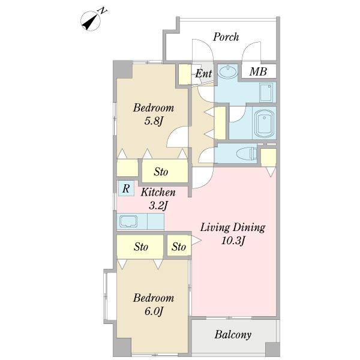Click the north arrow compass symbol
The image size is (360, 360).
pyautogui.click(x=91, y=21)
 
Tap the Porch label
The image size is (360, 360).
pyautogui.click(x=226, y=37)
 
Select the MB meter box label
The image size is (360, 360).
pyautogui.click(x=258, y=71)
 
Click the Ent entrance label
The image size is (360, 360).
pyautogui.click(x=203, y=74)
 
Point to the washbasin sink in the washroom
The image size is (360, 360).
pyautogui.click(x=227, y=71)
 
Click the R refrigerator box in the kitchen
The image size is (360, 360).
pyautogui.click(x=126, y=188)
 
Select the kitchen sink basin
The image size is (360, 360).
pyautogui.click(x=128, y=221)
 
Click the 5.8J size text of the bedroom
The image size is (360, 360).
pyautogui.click(x=154, y=121)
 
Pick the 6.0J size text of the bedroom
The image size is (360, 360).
pyautogui.click(x=154, y=311)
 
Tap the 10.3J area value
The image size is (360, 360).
pyautogui.click(x=233, y=241)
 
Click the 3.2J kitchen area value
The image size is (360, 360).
pyautogui.click(x=158, y=205)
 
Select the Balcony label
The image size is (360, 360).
pyautogui.click(x=233, y=335)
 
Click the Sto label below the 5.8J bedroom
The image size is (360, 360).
pyautogui.click(x=161, y=172)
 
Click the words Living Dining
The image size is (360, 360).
pyautogui.click(x=233, y=227)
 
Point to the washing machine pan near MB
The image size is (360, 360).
pyautogui.click(x=266, y=92)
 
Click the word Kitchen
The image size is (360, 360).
pyautogui.click(x=158, y=192)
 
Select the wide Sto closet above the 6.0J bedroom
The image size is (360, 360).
pyautogui.click(x=140, y=247)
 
